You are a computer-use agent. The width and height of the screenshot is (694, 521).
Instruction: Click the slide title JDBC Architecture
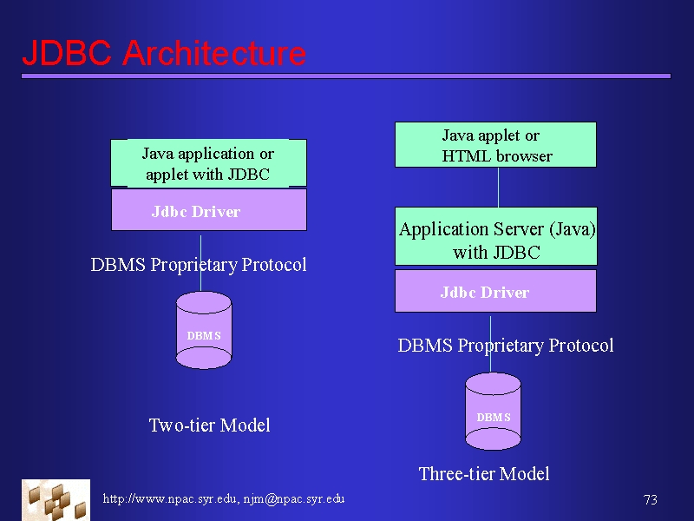(164, 53)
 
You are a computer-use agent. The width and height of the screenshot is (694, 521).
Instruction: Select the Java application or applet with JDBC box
(208, 163)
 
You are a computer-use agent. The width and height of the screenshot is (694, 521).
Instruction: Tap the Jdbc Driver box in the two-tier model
(208, 210)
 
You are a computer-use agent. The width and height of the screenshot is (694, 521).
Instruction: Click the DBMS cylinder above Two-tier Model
(204, 330)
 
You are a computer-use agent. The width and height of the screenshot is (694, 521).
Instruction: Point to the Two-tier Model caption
(209, 425)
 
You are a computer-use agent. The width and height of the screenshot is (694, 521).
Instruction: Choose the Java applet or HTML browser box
(495, 145)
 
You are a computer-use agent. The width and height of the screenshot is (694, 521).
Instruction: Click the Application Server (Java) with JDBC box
(495, 236)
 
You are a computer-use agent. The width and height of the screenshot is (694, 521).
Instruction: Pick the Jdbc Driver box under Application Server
(495, 291)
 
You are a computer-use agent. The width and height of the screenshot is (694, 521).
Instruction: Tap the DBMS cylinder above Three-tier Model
(493, 411)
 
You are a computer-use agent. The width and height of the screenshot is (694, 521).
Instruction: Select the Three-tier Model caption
(484, 474)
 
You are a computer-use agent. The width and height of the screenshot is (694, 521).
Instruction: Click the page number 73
(650, 500)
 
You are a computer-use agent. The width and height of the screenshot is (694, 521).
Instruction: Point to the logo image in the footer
(56, 500)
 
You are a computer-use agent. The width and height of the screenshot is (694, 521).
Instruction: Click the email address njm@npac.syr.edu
(294, 498)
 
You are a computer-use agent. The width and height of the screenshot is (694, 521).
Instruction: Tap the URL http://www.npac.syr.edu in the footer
(169, 498)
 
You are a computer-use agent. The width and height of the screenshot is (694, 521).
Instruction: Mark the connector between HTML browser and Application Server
(498, 188)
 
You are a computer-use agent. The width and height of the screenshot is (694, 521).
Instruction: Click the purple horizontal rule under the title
(346, 76)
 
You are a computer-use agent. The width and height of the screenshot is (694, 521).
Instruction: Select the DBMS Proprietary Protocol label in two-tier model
(199, 265)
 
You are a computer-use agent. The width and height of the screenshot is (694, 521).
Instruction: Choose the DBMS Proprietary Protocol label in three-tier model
(506, 346)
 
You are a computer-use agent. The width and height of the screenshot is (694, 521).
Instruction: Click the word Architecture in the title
(213, 53)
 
